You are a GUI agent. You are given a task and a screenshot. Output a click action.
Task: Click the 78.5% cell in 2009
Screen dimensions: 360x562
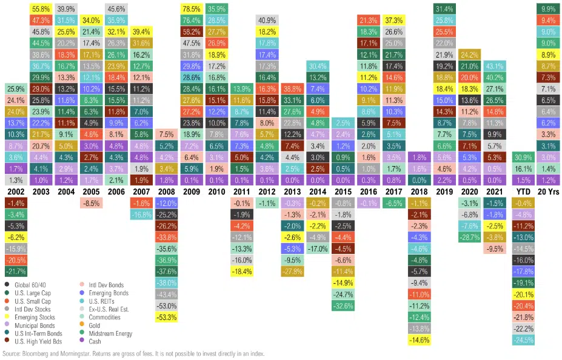(x=192, y=8)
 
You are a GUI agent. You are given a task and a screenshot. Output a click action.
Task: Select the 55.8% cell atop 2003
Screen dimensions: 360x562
(x=41, y=8)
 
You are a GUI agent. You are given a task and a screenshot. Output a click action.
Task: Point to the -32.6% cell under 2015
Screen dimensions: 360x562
(x=343, y=305)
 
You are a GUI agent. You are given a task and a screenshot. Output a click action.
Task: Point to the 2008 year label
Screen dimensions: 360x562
(x=167, y=191)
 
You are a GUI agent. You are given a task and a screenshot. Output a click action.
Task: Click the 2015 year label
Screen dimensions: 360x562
(x=343, y=191)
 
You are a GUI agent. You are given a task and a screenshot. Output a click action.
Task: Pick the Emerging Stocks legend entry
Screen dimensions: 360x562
(x=35, y=316)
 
